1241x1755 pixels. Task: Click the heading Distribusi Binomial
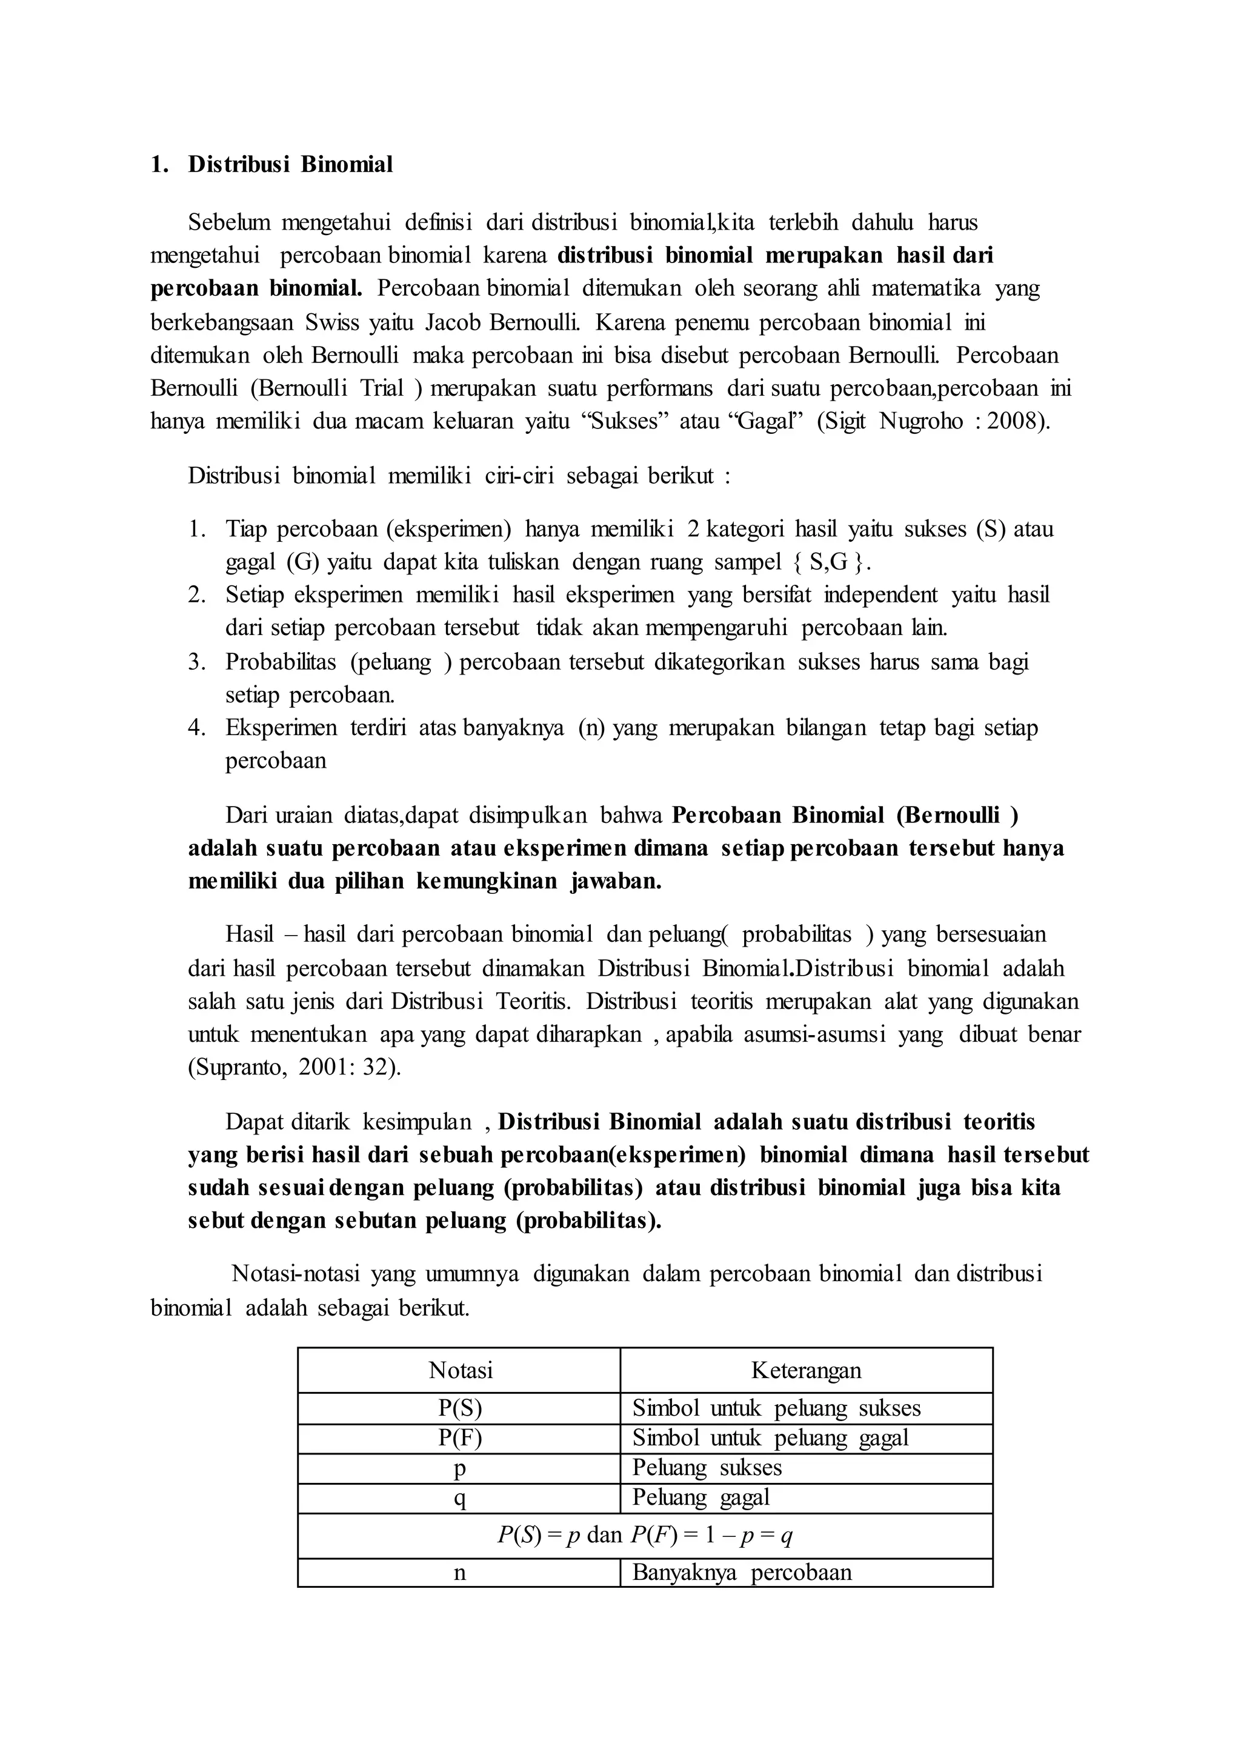point(290,164)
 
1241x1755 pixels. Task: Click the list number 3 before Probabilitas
point(197,662)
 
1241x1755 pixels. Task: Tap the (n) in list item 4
point(591,728)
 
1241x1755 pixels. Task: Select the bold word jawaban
point(615,881)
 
